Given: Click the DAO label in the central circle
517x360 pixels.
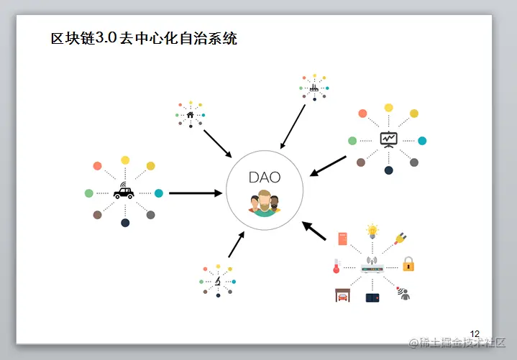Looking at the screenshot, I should tap(264, 177).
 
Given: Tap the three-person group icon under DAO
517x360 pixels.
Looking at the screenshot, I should tap(264, 203).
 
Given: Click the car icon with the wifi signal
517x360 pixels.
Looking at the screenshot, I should tap(124, 193).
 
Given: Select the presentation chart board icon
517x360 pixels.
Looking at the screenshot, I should tap(388, 139).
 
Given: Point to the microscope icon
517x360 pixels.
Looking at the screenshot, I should tap(217, 280).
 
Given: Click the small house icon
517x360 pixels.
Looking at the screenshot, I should tap(191, 114).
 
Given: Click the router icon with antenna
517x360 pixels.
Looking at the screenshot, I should tap(372, 267).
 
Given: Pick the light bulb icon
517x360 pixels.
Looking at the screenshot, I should tap(372, 231).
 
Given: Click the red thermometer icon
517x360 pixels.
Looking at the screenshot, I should tap(335, 267).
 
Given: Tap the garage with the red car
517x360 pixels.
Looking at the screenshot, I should tap(343, 295).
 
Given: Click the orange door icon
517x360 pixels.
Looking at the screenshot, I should tap(343, 238).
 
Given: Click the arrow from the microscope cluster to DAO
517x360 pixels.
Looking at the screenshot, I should tap(237, 244).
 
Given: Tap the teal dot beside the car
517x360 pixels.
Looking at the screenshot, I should tap(159, 193).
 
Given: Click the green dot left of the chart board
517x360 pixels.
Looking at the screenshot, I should tap(352, 140).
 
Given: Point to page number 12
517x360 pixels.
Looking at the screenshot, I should tap(475, 333).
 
